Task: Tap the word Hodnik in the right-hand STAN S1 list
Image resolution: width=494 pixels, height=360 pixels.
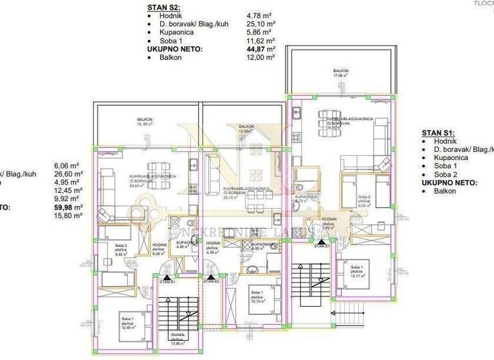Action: [446, 140]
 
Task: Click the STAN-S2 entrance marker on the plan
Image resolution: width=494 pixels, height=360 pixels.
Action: [211, 282]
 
